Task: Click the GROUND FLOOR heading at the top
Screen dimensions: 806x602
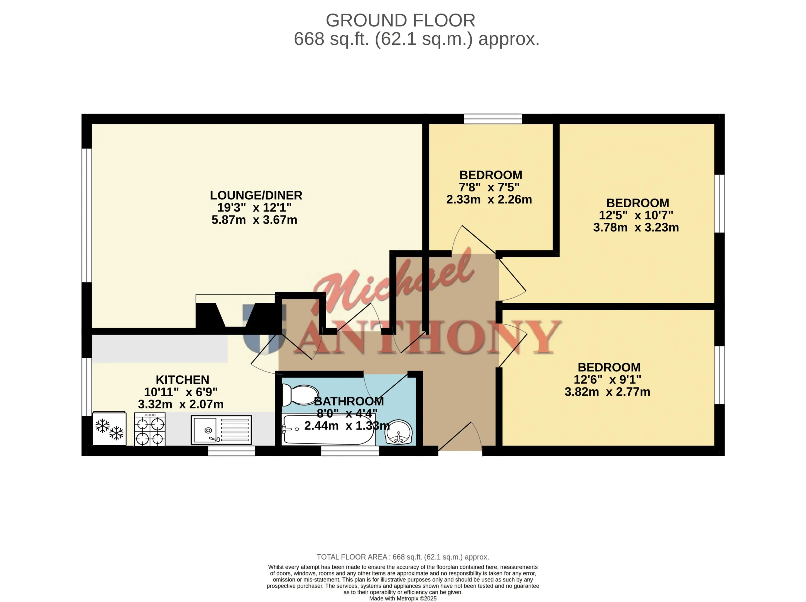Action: pyautogui.click(x=400, y=20)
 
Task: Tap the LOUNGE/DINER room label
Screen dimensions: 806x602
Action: pyautogui.click(x=256, y=195)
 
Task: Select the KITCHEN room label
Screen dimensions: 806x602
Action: pyautogui.click(x=183, y=380)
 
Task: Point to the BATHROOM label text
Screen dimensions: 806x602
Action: pyautogui.click(x=349, y=401)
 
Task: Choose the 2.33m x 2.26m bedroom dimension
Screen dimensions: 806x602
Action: pyautogui.click(x=489, y=199)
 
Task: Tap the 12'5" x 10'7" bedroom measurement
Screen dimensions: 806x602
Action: pyautogui.click(x=636, y=215)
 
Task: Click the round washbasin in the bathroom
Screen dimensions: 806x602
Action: pyautogui.click(x=399, y=432)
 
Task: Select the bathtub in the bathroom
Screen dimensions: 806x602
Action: pyautogui.click(x=328, y=429)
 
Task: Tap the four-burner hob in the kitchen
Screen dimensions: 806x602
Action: pyautogui.click(x=150, y=429)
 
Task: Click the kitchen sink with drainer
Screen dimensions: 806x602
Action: pyautogui.click(x=221, y=430)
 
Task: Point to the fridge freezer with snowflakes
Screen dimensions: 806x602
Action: pyautogui.click(x=109, y=428)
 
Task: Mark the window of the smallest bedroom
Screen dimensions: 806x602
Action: pyautogui.click(x=493, y=119)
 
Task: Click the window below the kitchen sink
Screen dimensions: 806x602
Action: pyautogui.click(x=232, y=451)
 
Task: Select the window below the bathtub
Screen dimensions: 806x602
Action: pyautogui.click(x=350, y=451)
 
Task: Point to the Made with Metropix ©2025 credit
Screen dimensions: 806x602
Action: pyautogui.click(x=403, y=598)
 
